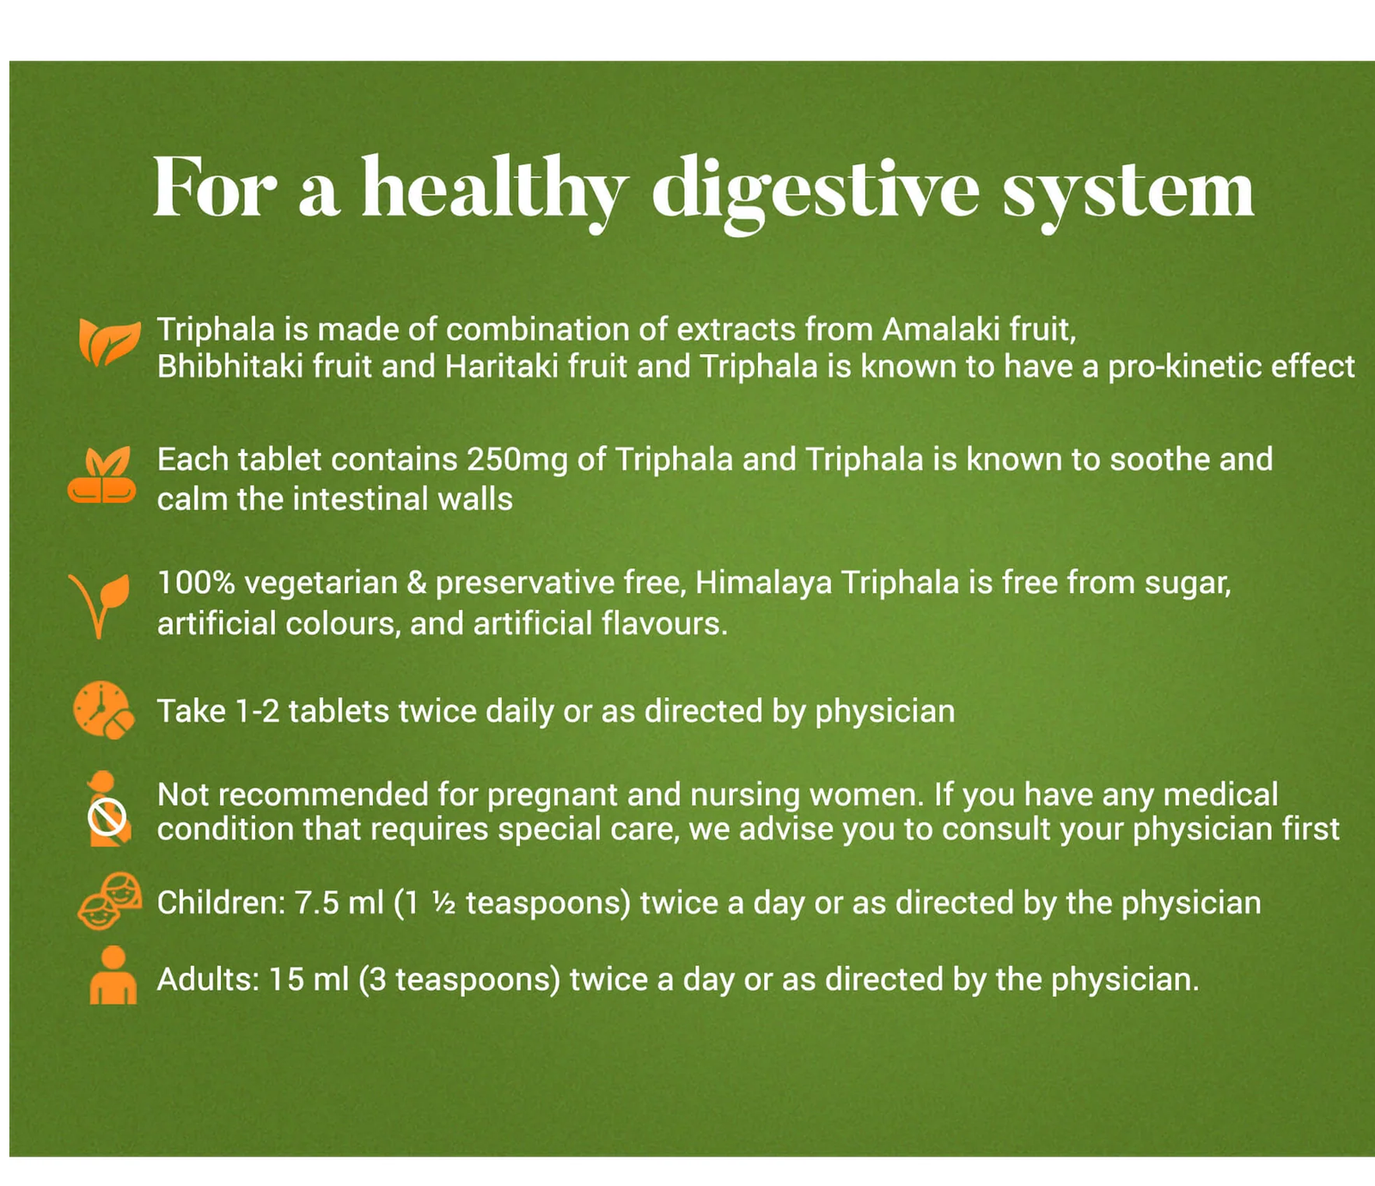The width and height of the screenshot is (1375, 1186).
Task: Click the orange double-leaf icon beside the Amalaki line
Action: pos(108,341)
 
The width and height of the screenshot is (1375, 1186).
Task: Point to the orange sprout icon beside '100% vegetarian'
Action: pos(101,604)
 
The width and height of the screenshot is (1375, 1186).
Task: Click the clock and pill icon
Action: pos(103,711)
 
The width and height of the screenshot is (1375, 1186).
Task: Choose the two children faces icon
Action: pos(110,901)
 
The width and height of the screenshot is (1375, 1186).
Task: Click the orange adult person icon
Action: pos(113,975)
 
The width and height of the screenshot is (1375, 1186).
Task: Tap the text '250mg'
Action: pos(517,461)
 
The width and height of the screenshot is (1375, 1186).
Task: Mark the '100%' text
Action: pos(196,583)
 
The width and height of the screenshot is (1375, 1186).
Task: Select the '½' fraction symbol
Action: pos(443,903)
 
